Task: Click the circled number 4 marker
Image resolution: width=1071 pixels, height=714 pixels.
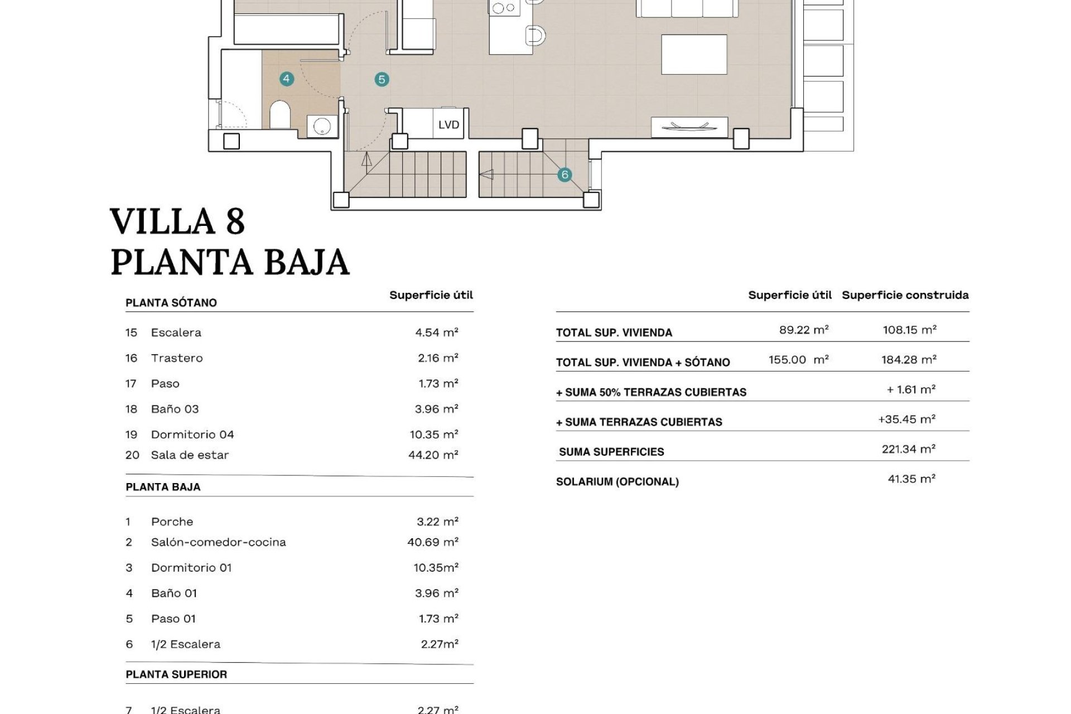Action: tap(286, 79)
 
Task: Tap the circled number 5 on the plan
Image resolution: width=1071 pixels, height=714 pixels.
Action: tap(382, 79)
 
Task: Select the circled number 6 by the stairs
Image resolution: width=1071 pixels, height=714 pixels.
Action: tap(565, 175)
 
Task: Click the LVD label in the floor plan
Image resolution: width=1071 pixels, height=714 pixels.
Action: tap(448, 124)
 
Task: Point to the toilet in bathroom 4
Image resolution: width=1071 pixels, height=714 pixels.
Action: tap(279, 115)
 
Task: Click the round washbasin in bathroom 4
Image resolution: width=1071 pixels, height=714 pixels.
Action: tap(322, 126)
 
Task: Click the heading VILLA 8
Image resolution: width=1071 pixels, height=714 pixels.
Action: tap(177, 221)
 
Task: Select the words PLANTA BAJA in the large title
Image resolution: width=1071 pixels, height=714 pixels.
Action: tap(230, 262)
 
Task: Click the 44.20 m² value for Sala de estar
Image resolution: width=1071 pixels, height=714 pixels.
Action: tap(433, 455)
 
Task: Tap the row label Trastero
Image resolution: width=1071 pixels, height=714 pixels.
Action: tap(176, 358)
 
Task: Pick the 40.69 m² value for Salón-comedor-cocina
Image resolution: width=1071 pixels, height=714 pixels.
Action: tap(432, 542)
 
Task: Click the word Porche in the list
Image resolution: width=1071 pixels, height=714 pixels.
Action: tap(172, 522)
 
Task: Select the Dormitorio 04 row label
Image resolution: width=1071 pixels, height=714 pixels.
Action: tap(192, 434)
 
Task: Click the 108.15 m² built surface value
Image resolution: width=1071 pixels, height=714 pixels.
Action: tap(909, 330)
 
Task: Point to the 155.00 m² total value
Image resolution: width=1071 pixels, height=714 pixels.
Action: tap(798, 360)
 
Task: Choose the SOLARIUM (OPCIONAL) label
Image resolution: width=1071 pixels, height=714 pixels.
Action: tap(617, 481)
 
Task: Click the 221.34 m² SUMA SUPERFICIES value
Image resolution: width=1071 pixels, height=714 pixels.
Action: tap(908, 448)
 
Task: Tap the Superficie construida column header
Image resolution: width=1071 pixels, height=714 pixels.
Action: tap(905, 295)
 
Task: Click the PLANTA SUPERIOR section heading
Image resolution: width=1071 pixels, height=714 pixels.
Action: tap(176, 674)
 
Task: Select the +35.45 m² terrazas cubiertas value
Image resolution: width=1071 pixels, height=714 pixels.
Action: tap(906, 419)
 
